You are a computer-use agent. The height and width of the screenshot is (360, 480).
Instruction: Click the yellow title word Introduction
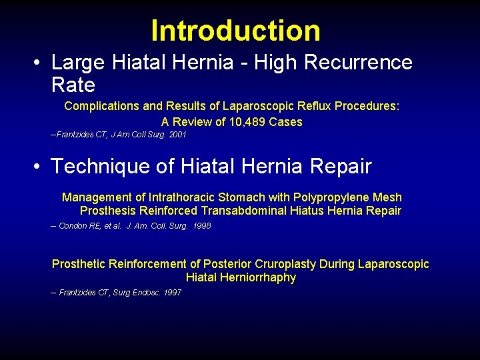click(x=235, y=31)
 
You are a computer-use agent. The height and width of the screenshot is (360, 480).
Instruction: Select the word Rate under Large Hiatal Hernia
click(x=73, y=85)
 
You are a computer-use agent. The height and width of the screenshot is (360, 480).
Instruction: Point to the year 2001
click(x=177, y=135)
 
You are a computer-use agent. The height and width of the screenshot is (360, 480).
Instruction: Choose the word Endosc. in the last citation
click(x=146, y=293)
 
